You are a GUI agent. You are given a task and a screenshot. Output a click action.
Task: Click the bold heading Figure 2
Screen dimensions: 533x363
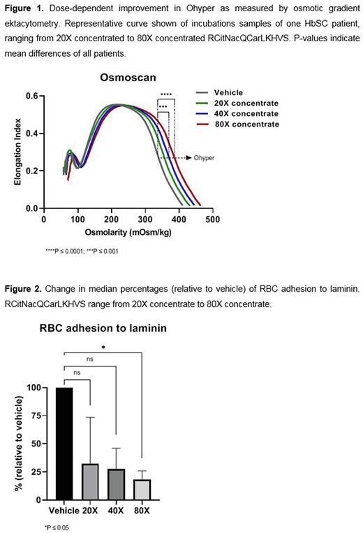[23, 288]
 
